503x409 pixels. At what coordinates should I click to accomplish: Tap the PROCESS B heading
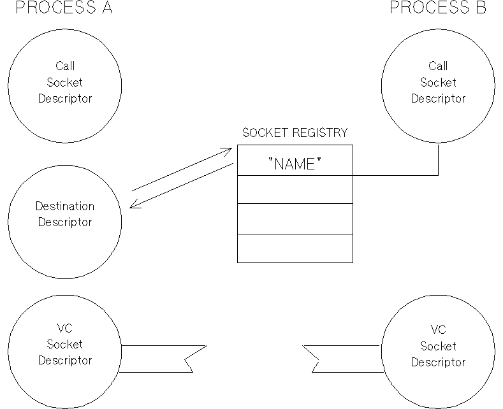coord(437,8)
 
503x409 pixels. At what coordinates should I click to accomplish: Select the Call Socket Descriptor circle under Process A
coord(65,83)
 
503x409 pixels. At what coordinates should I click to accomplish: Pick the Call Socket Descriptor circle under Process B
coord(437,83)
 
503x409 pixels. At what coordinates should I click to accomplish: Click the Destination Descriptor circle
coord(65,215)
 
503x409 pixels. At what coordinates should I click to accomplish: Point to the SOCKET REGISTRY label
coord(295,133)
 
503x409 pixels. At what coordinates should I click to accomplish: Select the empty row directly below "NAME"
coord(295,189)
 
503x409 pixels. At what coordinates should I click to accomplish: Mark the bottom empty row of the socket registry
coord(295,248)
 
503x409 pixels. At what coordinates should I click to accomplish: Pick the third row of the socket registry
coord(295,219)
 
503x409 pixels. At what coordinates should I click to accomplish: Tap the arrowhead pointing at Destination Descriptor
coord(133,205)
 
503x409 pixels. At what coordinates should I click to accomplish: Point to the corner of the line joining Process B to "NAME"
coord(438,175)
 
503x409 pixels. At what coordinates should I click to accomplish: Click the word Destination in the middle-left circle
coord(65,206)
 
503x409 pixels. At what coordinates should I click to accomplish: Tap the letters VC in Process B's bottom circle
coord(437,330)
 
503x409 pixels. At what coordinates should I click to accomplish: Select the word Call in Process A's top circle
coord(65,66)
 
